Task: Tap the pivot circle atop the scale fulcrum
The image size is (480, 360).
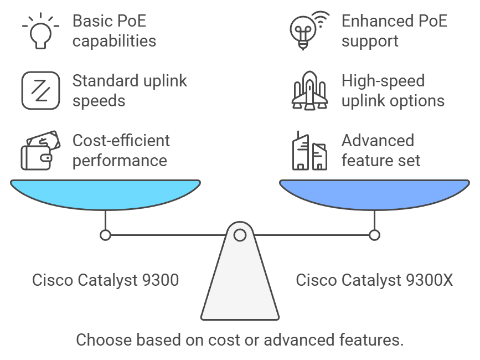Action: pyautogui.click(x=240, y=235)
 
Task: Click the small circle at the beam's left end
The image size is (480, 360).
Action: pyautogui.click(x=105, y=235)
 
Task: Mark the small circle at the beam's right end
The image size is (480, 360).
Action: pyautogui.click(x=375, y=235)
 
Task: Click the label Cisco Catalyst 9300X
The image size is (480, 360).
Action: pyautogui.click(x=374, y=280)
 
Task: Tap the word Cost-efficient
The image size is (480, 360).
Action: pyautogui.click(x=121, y=141)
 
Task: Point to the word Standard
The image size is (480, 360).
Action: pyautogui.click(x=107, y=81)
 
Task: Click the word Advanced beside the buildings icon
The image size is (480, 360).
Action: pyautogui.click(x=378, y=141)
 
